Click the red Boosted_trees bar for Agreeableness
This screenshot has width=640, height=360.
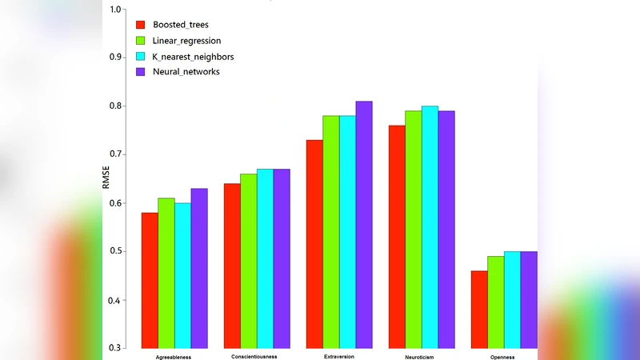150,280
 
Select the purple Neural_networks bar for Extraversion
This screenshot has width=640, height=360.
364,225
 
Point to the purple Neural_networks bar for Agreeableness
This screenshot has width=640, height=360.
199,268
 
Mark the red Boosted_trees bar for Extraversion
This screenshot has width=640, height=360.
314,244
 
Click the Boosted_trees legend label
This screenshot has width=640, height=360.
181,25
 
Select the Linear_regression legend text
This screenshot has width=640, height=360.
187,40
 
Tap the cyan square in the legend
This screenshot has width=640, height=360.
141,56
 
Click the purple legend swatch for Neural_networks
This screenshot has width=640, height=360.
141,72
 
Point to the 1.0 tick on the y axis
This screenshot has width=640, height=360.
114,10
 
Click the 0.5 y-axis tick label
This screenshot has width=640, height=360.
114,251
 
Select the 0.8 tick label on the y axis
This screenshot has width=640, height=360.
114,106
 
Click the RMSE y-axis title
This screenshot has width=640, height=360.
106,178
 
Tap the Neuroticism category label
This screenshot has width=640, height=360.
422,356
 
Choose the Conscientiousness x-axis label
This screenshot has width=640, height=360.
254,356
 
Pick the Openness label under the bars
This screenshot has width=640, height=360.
503,357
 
